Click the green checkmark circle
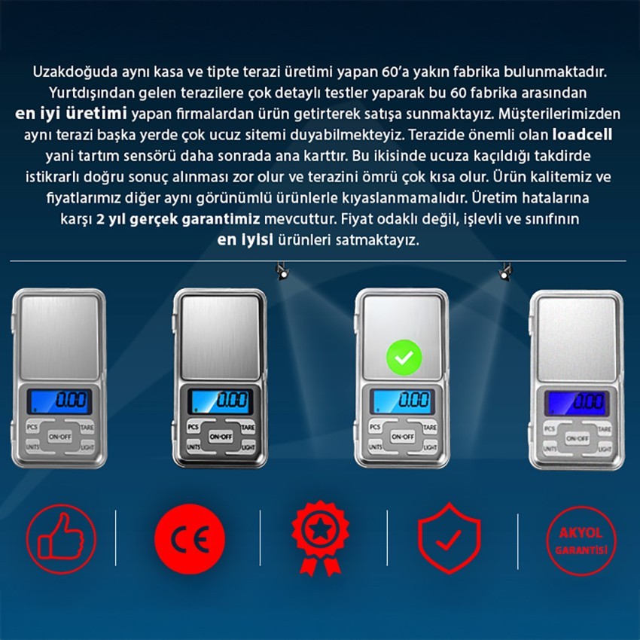[404, 358]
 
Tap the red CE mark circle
[190, 539]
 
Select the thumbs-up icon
[62, 539]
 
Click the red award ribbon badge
[321, 538]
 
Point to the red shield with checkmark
[449, 538]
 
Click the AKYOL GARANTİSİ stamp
[581, 541]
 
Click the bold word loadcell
[582, 135]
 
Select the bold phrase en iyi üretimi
[71, 114]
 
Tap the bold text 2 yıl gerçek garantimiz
[178, 219]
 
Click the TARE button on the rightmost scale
[605, 428]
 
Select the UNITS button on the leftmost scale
[32, 446]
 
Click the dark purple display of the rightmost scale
[577, 403]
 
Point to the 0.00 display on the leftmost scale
[59, 401]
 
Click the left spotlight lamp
[282, 270]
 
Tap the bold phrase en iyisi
[245, 240]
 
